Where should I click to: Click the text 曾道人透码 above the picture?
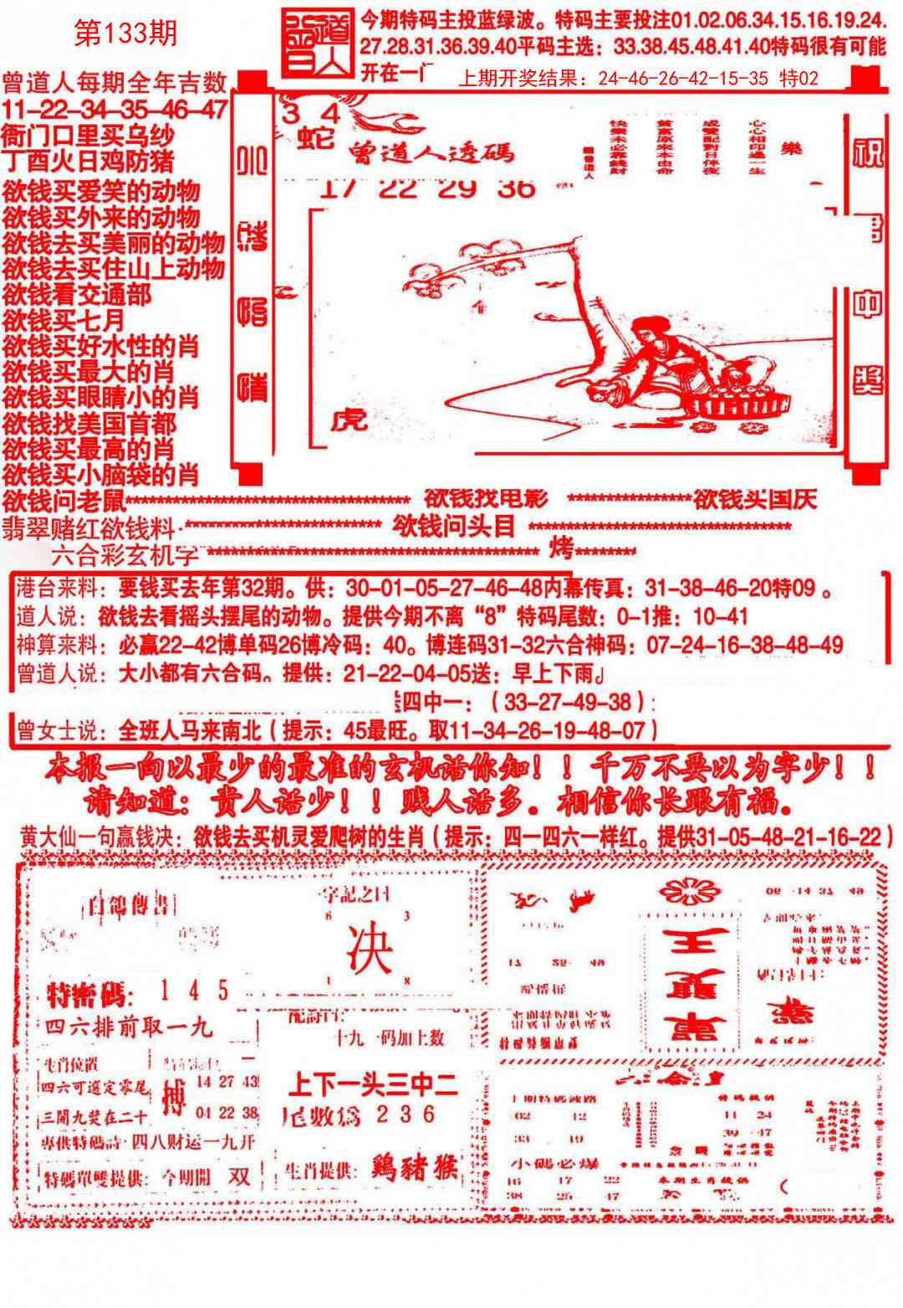(x=431, y=152)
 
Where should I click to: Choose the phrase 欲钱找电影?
(x=485, y=499)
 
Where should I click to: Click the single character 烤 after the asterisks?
(x=560, y=550)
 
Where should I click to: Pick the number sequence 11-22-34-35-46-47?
(x=115, y=109)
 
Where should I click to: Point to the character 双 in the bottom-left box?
(x=241, y=1176)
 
